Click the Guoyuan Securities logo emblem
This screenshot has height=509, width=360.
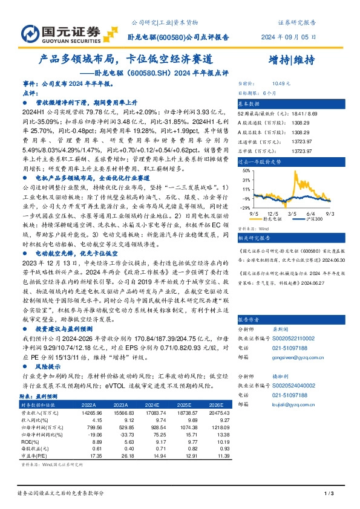(21, 32)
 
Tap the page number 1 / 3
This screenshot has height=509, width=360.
(329, 494)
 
